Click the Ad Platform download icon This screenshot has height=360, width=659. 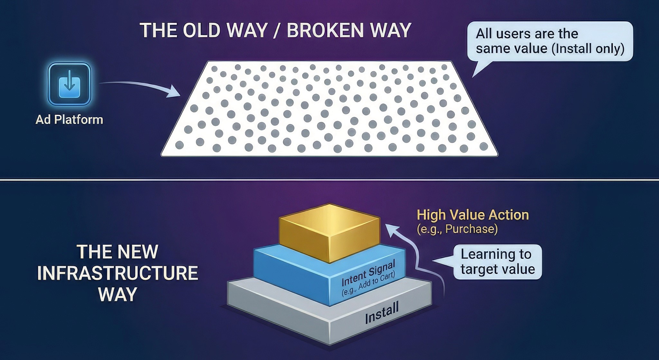(69, 84)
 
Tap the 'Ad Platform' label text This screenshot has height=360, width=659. (69, 120)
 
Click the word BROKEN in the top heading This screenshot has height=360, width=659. (325, 31)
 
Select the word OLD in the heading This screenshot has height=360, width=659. (202, 31)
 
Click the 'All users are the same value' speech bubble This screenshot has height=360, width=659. (550, 41)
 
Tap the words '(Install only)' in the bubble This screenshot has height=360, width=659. (588, 49)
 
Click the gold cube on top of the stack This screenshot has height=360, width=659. (329, 232)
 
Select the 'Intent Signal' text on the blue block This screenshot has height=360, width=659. (368, 273)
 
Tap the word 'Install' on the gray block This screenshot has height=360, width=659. (382, 313)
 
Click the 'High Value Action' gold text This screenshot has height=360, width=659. (473, 215)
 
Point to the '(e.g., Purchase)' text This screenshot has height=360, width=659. (457, 229)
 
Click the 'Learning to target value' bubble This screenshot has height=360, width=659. (497, 262)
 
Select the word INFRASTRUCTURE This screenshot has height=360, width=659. (117, 273)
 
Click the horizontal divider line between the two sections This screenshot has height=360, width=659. (329, 179)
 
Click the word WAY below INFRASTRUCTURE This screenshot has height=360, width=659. (117, 294)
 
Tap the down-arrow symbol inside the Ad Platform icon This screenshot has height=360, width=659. (69, 83)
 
